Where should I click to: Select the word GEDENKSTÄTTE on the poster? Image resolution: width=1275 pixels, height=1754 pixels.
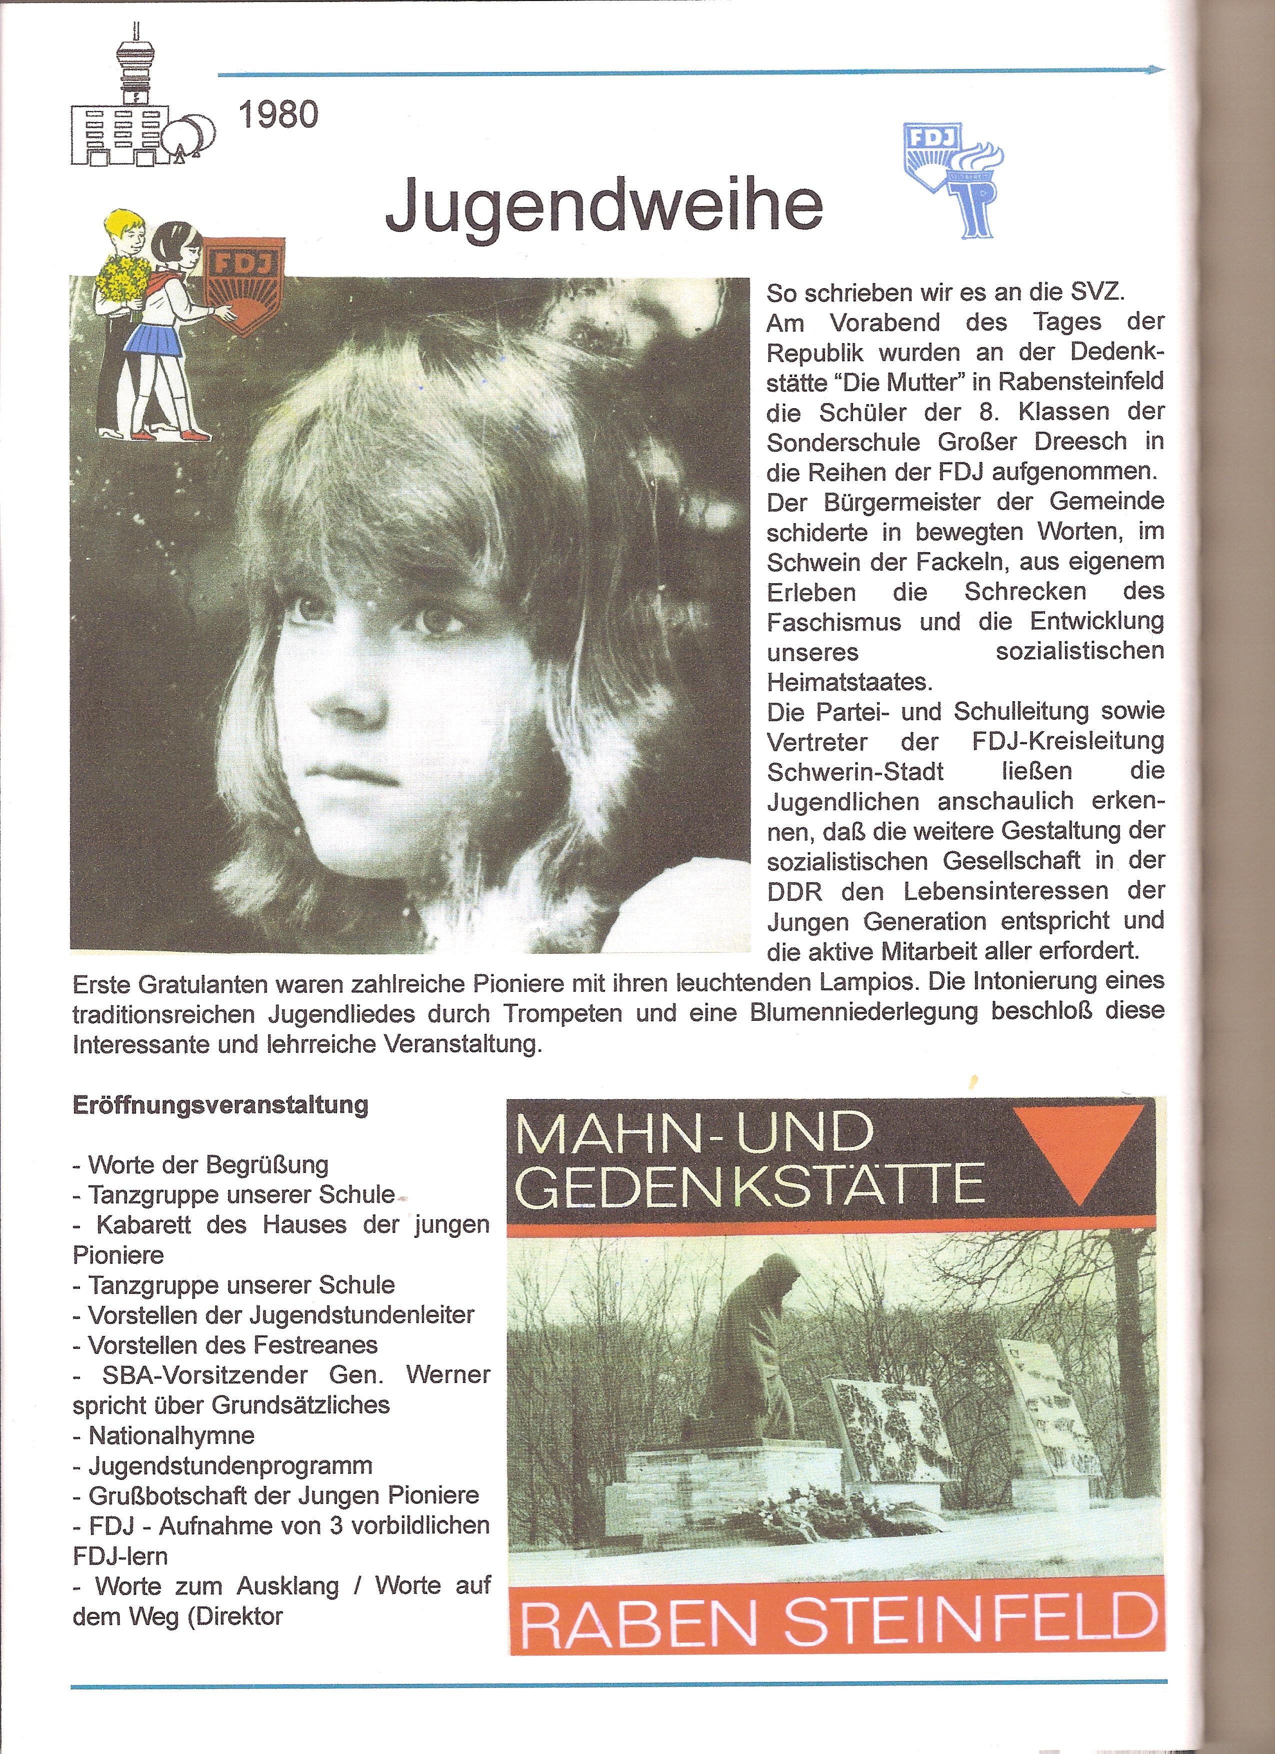[748, 1184]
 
